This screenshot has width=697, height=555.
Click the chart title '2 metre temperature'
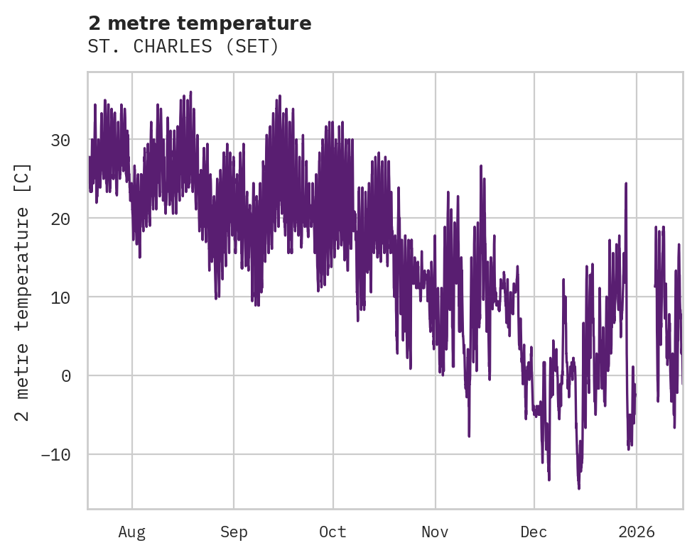tap(200, 23)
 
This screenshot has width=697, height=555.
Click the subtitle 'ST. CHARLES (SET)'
tap(183, 47)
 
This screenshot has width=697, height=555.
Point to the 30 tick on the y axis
tap(60, 140)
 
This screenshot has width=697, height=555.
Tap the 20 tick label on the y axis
tap(60, 219)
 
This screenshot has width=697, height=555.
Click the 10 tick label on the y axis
tap(60, 297)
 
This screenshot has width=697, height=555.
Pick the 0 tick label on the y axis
tap(65, 375)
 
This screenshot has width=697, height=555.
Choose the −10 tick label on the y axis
tap(55, 454)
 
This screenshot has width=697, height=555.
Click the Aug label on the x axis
tap(131, 532)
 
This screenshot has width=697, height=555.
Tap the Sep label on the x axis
tap(233, 532)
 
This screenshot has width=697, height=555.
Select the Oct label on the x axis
tap(333, 532)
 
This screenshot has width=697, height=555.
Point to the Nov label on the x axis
tap(435, 532)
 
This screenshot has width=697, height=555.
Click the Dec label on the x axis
tap(534, 532)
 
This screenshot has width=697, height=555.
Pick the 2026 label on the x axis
tap(636, 532)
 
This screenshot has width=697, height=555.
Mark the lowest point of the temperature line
tap(578, 488)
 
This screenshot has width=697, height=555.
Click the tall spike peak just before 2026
tap(626, 183)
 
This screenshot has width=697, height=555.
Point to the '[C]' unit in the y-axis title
tap(23, 177)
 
